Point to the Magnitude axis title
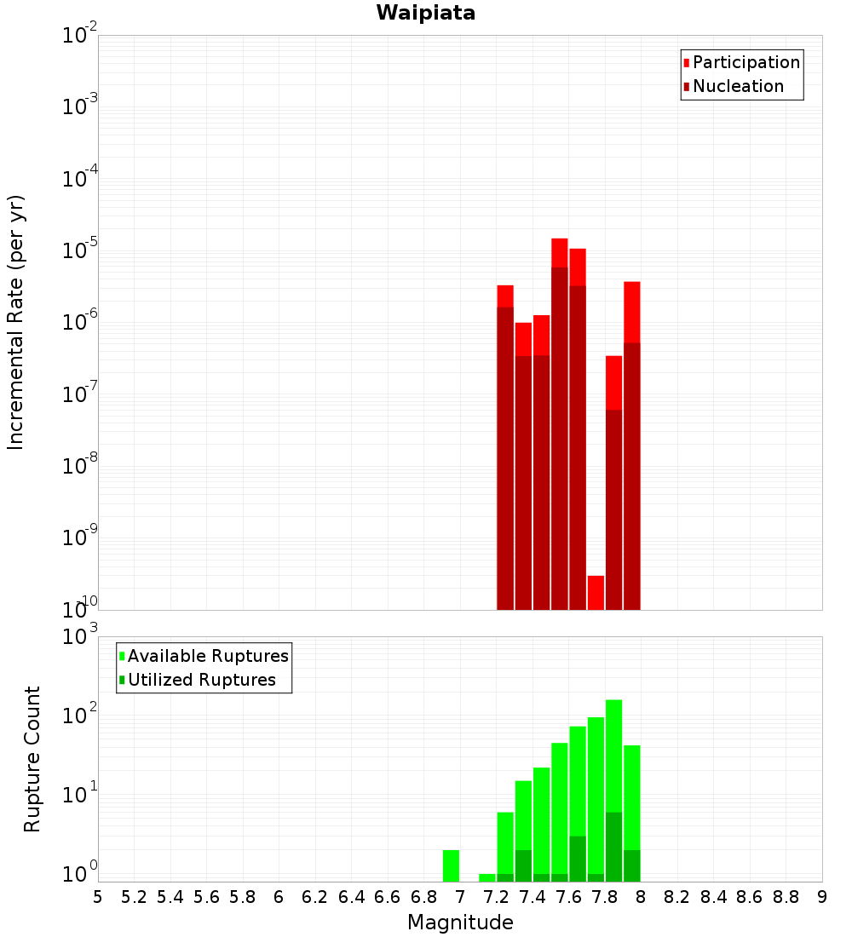(x=460, y=923)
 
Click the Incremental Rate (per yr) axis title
(x=16, y=322)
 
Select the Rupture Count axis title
(x=32, y=758)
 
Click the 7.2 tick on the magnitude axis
(x=496, y=896)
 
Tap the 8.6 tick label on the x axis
(x=750, y=896)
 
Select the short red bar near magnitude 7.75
(x=596, y=592)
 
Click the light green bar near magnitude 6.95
(x=451, y=865)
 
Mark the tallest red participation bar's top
(x=560, y=240)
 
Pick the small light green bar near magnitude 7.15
(x=487, y=877)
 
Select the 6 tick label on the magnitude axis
(x=279, y=896)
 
